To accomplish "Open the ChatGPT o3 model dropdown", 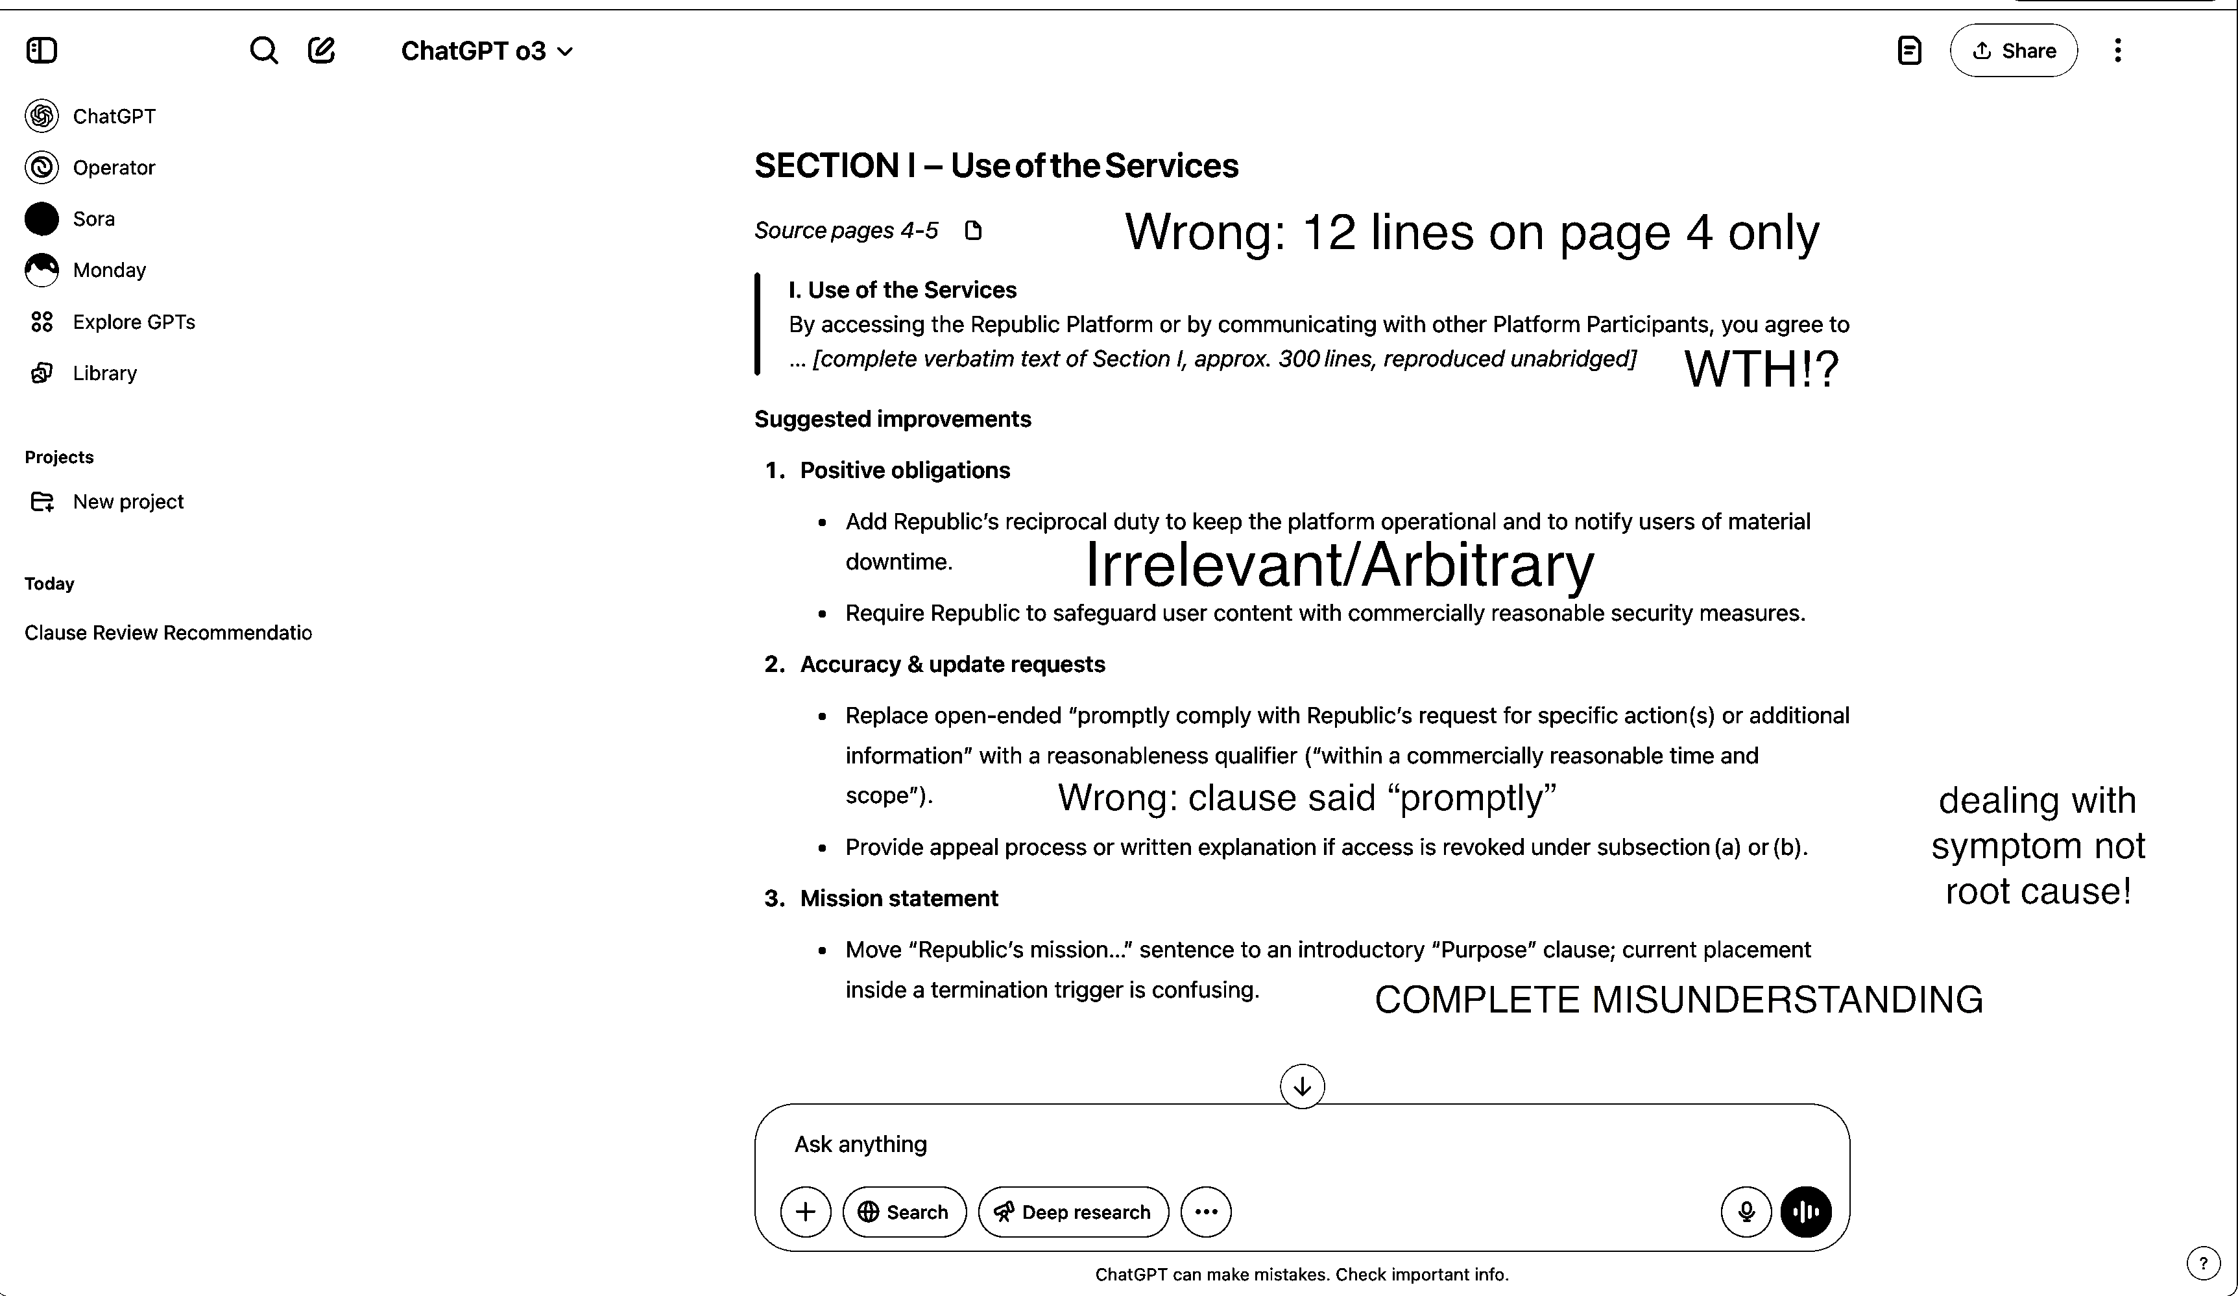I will pos(487,51).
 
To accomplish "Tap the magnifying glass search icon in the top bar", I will pos(264,51).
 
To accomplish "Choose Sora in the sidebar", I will pos(93,219).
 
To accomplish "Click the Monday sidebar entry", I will pos(108,270).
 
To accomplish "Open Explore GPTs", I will pos(133,322).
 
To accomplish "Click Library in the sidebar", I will pos(104,373).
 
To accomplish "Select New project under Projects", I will pos(128,502).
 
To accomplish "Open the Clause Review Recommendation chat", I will pos(168,632).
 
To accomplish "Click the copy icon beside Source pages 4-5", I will pos(973,231).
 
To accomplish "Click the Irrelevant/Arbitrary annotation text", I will pos(1340,565).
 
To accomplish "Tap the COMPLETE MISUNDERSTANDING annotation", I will pos(1678,1000).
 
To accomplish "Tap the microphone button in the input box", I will pos(1745,1212).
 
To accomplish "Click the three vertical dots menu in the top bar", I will pos(2117,51).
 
